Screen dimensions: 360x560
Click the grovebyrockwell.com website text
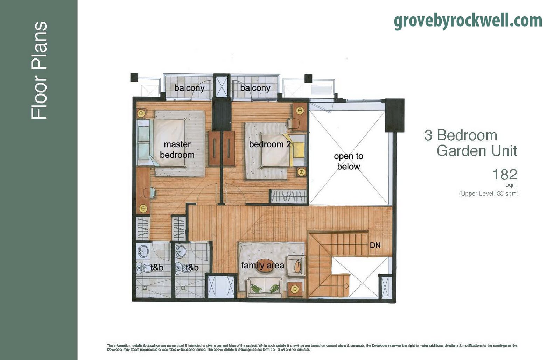click(x=468, y=21)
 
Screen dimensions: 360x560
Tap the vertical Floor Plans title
click(x=39, y=70)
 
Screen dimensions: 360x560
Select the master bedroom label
click(x=177, y=149)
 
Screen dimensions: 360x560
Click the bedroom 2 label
click(x=270, y=144)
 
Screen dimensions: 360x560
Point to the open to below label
click(x=349, y=161)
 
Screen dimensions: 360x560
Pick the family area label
click(x=262, y=266)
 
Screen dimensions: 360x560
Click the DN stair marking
click(x=375, y=246)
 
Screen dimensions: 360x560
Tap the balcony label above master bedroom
click(x=189, y=88)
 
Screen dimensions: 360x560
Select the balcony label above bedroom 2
click(x=255, y=88)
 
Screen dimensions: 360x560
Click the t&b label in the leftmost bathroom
click(x=157, y=268)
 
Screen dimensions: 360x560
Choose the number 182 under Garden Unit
click(x=504, y=174)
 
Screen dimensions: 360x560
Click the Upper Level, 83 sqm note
click(x=489, y=193)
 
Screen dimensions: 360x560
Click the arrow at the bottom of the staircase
click(x=346, y=286)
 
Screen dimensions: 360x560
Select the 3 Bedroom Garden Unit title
click(x=471, y=143)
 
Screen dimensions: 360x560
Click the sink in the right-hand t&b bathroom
click(x=181, y=251)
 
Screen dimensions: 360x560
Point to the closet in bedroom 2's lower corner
click(x=289, y=197)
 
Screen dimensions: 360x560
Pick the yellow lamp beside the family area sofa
click(x=295, y=289)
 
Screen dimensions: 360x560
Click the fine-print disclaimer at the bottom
click(x=311, y=347)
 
